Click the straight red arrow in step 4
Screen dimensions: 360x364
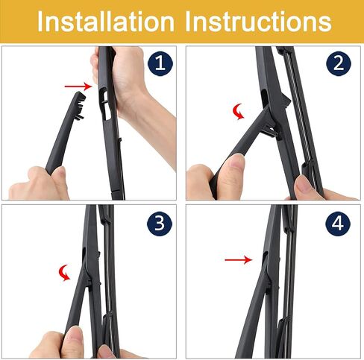tap(238, 260)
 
